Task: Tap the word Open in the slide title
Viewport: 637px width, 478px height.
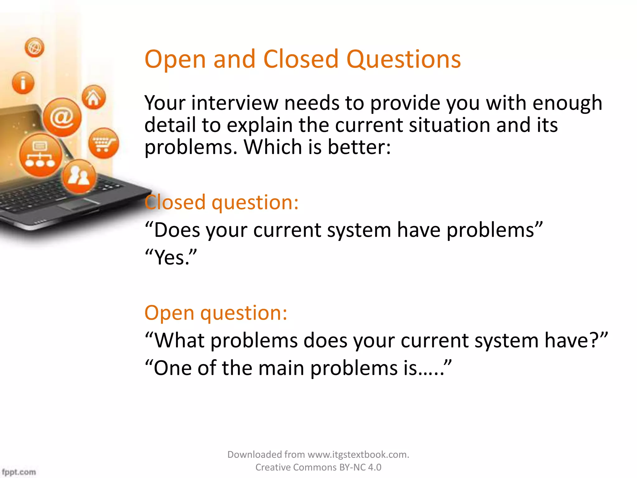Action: (x=175, y=60)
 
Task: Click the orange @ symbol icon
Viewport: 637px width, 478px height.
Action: (x=62, y=117)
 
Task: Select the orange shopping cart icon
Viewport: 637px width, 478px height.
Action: (x=103, y=143)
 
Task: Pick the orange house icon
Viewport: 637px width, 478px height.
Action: (x=94, y=97)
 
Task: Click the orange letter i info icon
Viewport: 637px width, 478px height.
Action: (x=23, y=83)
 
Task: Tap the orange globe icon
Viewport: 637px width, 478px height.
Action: (x=34, y=48)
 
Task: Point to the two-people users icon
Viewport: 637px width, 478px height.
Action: (x=79, y=176)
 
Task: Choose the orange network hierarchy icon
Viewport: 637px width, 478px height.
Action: (x=40, y=155)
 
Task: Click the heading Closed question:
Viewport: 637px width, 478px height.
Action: (x=221, y=203)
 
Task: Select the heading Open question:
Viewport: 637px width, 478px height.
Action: (x=216, y=313)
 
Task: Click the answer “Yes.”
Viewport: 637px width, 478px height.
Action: (x=171, y=257)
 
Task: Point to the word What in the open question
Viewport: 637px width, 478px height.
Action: (x=179, y=340)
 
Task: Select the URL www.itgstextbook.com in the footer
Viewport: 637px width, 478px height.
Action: (x=358, y=455)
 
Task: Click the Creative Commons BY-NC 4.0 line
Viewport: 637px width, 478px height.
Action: (x=318, y=467)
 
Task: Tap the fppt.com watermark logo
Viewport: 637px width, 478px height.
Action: (x=19, y=472)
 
